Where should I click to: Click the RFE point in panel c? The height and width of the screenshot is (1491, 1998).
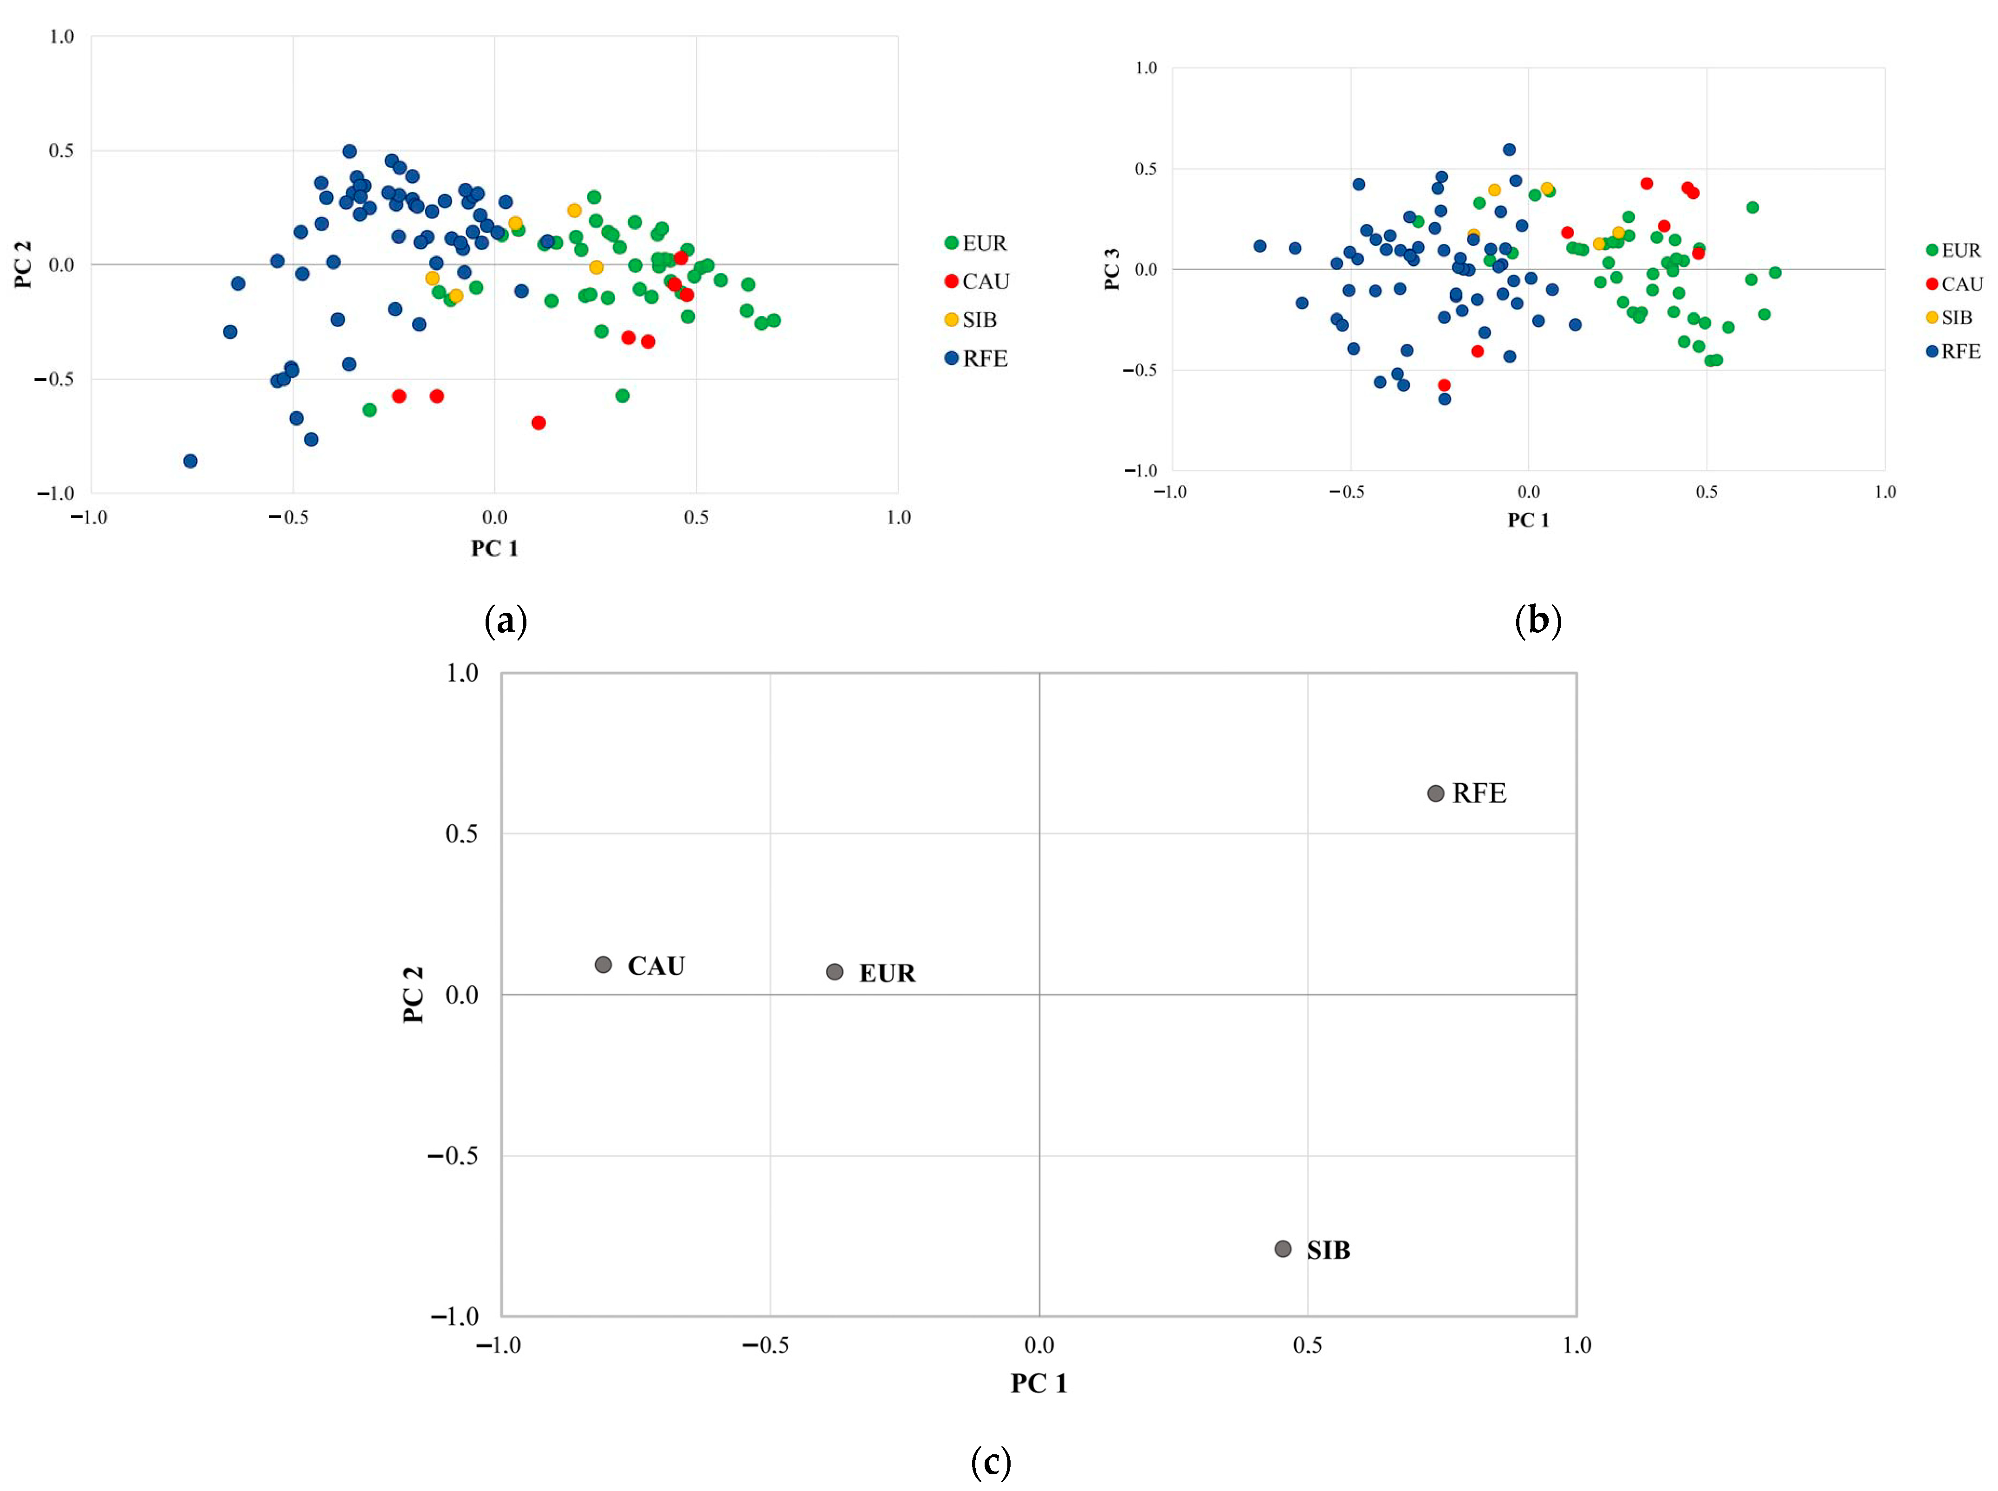click(x=1435, y=793)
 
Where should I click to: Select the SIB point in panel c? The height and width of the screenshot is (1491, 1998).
click(x=1282, y=1249)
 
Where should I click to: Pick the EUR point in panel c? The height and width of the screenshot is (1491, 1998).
click(x=835, y=972)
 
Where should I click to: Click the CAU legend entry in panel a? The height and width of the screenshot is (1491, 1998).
click(x=976, y=282)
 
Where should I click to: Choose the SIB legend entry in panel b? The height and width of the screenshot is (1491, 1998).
click(x=1949, y=318)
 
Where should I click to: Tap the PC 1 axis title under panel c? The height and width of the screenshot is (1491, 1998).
click(x=1039, y=1384)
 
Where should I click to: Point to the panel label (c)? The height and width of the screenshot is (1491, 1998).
click(x=990, y=1461)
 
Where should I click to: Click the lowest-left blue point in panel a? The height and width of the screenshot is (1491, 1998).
click(x=189, y=461)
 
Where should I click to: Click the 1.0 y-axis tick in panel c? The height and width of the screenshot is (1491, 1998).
click(x=462, y=673)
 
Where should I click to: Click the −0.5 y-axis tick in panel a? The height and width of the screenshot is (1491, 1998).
click(x=54, y=379)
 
